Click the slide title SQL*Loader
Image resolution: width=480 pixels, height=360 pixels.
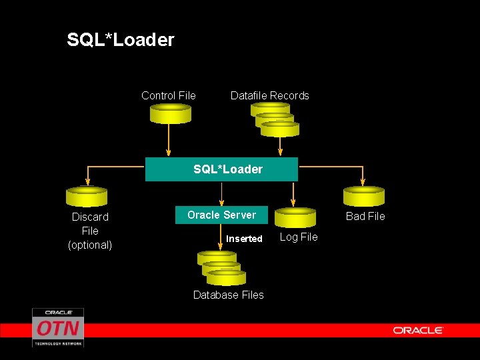(121, 40)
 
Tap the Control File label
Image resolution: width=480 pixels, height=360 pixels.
(169, 95)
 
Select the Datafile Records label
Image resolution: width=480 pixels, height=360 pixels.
(269, 95)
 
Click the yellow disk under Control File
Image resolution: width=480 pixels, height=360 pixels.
(170, 113)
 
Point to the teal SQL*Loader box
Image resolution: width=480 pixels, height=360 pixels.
(221, 169)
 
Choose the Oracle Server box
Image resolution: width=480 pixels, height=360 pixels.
(221, 215)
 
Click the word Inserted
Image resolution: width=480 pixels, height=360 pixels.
(244, 239)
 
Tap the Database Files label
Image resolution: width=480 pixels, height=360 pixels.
(228, 295)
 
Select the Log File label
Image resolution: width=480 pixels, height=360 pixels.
(299, 237)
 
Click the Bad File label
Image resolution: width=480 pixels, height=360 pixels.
(365, 216)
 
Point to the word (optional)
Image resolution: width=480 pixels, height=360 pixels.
(90, 245)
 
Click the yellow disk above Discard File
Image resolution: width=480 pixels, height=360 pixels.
(87, 196)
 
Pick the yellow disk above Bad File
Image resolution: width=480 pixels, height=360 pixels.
(363, 196)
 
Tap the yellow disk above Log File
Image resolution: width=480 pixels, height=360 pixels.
(295, 217)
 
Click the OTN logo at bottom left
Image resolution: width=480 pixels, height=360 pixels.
(58, 327)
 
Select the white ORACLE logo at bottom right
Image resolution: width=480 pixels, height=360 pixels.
(418, 330)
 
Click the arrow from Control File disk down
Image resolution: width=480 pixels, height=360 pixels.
(169, 140)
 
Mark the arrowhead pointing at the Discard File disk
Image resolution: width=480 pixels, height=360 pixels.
(87, 180)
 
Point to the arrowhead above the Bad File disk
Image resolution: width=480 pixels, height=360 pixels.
(363, 180)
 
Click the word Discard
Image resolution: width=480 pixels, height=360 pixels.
(90, 217)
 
